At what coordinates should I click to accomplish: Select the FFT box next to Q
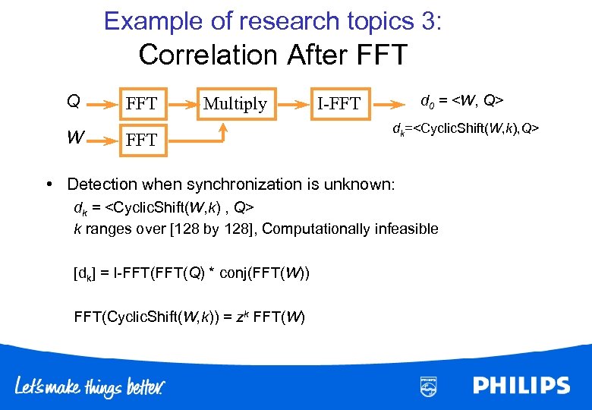[142, 103]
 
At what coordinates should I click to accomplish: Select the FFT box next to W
[142, 140]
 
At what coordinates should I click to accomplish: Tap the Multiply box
[235, 103]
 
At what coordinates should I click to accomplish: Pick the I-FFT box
[339, 103]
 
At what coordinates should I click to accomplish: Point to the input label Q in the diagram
[74, 101]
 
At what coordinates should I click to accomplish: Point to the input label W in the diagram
[74, 138]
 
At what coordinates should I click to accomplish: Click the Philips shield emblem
[429, 386]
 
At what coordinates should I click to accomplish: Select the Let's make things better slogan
[90, 386]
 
